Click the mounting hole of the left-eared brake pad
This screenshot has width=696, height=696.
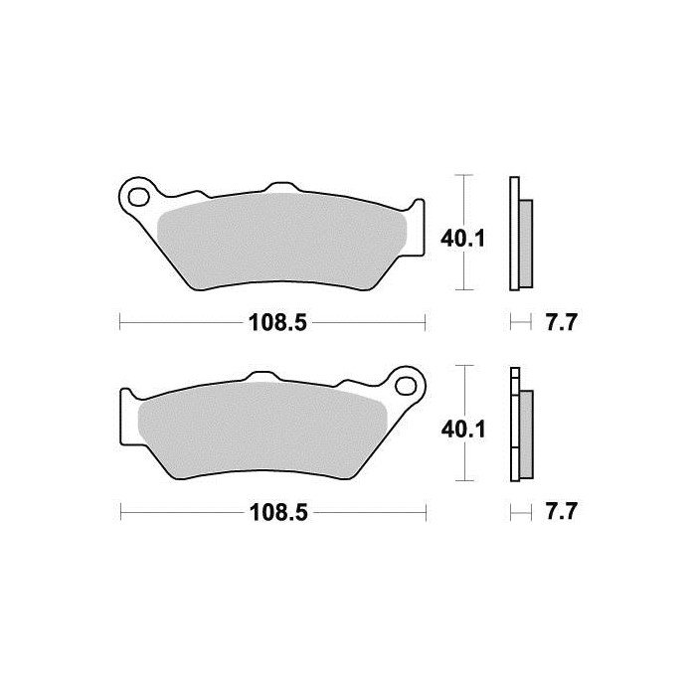pos(140,193)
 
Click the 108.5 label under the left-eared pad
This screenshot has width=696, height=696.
pos(271,322)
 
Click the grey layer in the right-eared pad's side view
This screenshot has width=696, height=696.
pos(526,430)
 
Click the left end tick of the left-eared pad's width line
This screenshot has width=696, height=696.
pos(120,321)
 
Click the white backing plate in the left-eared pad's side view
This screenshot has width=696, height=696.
pos(513,235)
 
